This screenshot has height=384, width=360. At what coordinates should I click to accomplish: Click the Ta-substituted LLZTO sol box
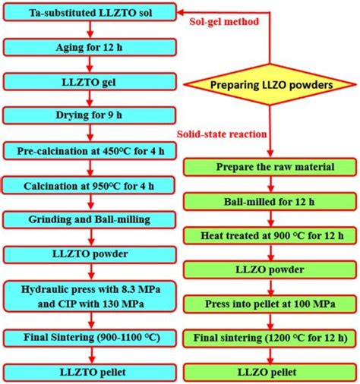(91, 13)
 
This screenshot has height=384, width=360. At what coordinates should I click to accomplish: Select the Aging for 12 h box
(91, 47)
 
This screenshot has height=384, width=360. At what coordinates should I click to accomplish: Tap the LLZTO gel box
(91, 81)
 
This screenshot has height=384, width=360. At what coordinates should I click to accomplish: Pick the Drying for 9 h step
(91, 115)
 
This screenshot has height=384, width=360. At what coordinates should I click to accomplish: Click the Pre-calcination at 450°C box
(91, 150)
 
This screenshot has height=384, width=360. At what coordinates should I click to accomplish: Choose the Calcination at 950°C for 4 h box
(91, 184)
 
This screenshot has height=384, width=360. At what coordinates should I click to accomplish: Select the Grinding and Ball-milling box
(91, 219)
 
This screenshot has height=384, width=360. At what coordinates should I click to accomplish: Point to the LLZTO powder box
(91, 253)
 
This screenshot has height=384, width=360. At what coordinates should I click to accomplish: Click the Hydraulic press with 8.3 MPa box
(91, 294)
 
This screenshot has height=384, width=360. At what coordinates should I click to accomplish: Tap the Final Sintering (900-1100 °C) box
(91, 336)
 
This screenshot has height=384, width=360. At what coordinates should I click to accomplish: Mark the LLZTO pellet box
(91, 371)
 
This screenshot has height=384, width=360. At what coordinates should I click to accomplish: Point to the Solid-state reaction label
(221, 134)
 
